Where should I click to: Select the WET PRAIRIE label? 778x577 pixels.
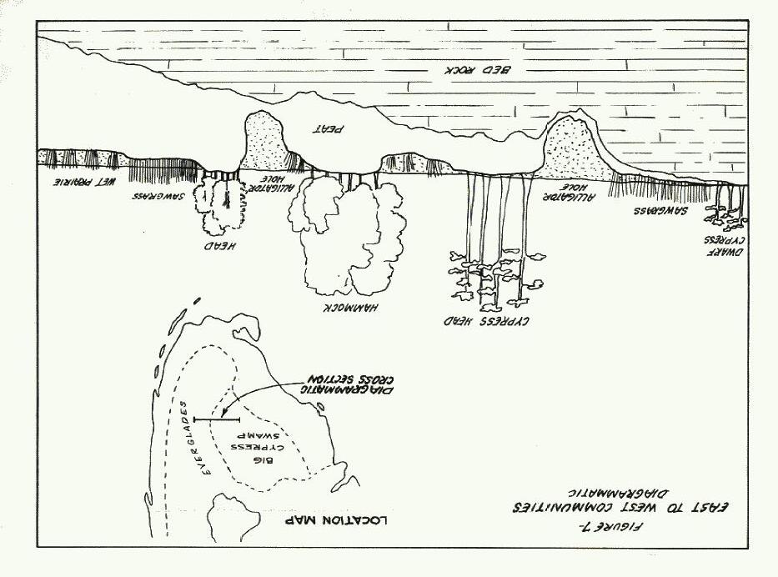coord(75,179)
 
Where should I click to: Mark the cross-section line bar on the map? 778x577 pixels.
coord(216,419)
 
